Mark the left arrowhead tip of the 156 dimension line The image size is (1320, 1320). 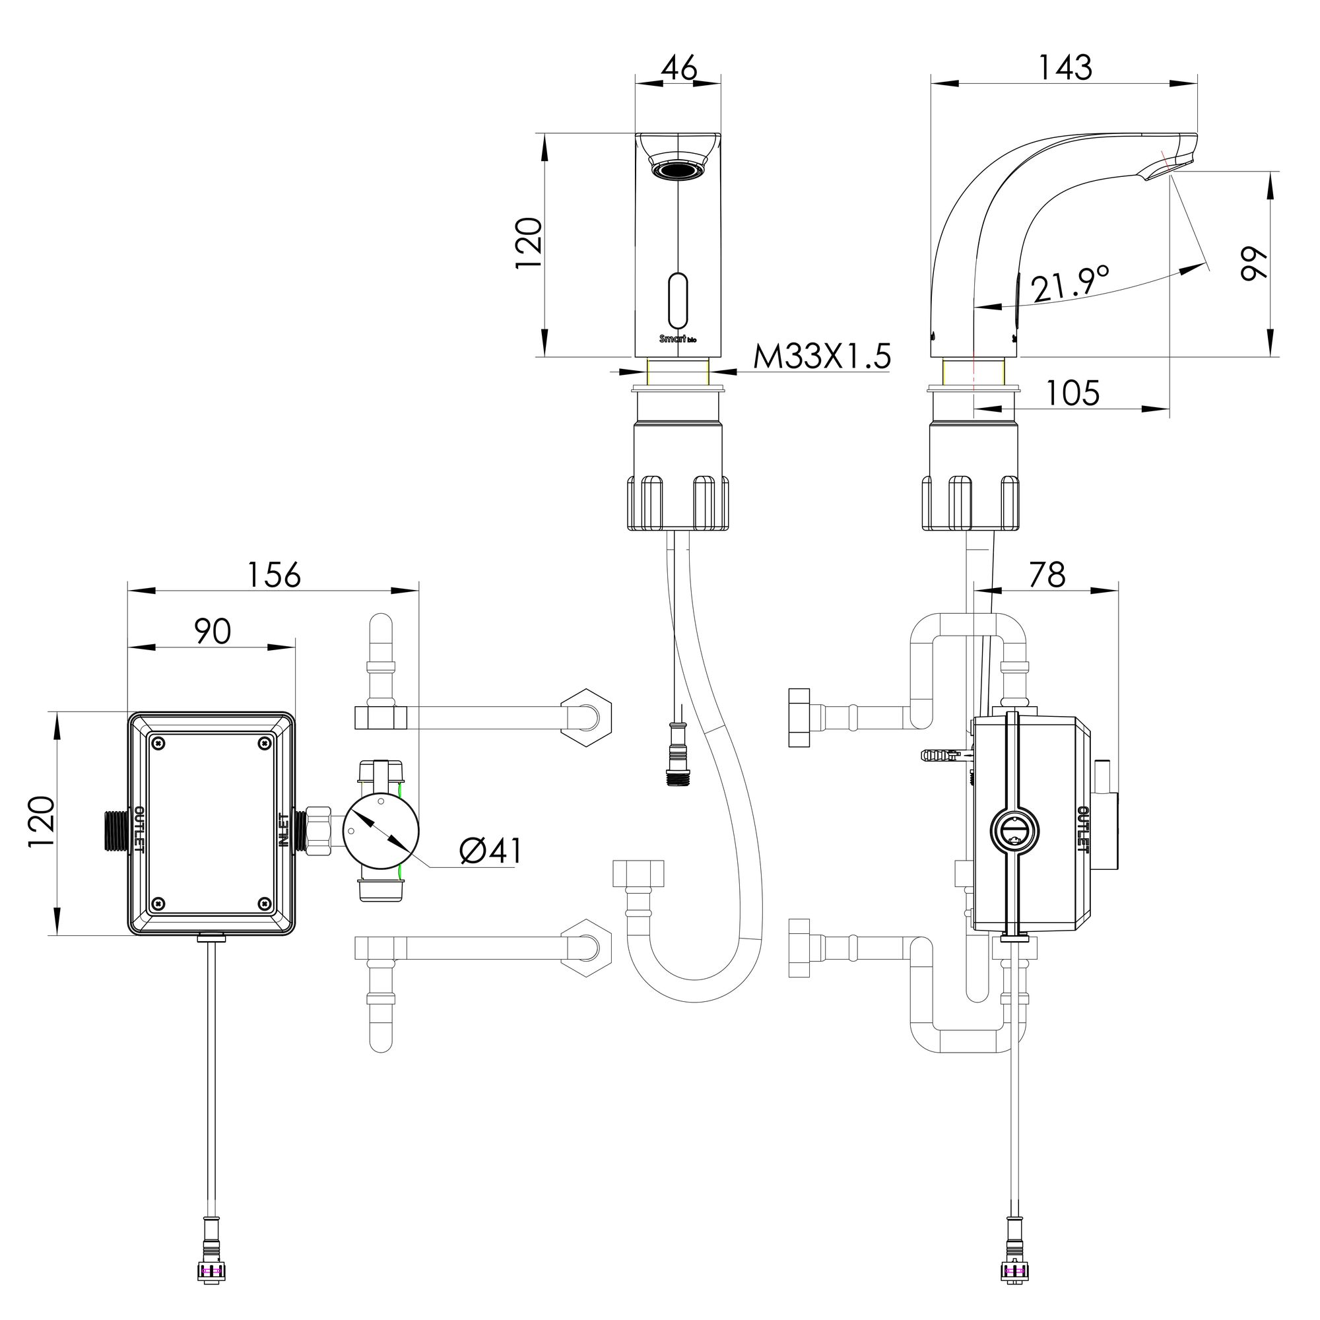point(129,591)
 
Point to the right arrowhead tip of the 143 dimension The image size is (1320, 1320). point(1198,84)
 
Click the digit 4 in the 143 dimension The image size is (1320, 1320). point(1067,67)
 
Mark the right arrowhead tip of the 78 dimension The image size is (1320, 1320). point(1118,590)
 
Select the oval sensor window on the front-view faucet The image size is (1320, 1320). point(678,302)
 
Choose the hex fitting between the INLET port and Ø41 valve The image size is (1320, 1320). point(317,830)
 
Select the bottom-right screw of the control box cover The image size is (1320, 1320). point(265,904)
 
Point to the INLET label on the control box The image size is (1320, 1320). point(284,831)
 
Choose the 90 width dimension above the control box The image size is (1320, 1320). point(213,632)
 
